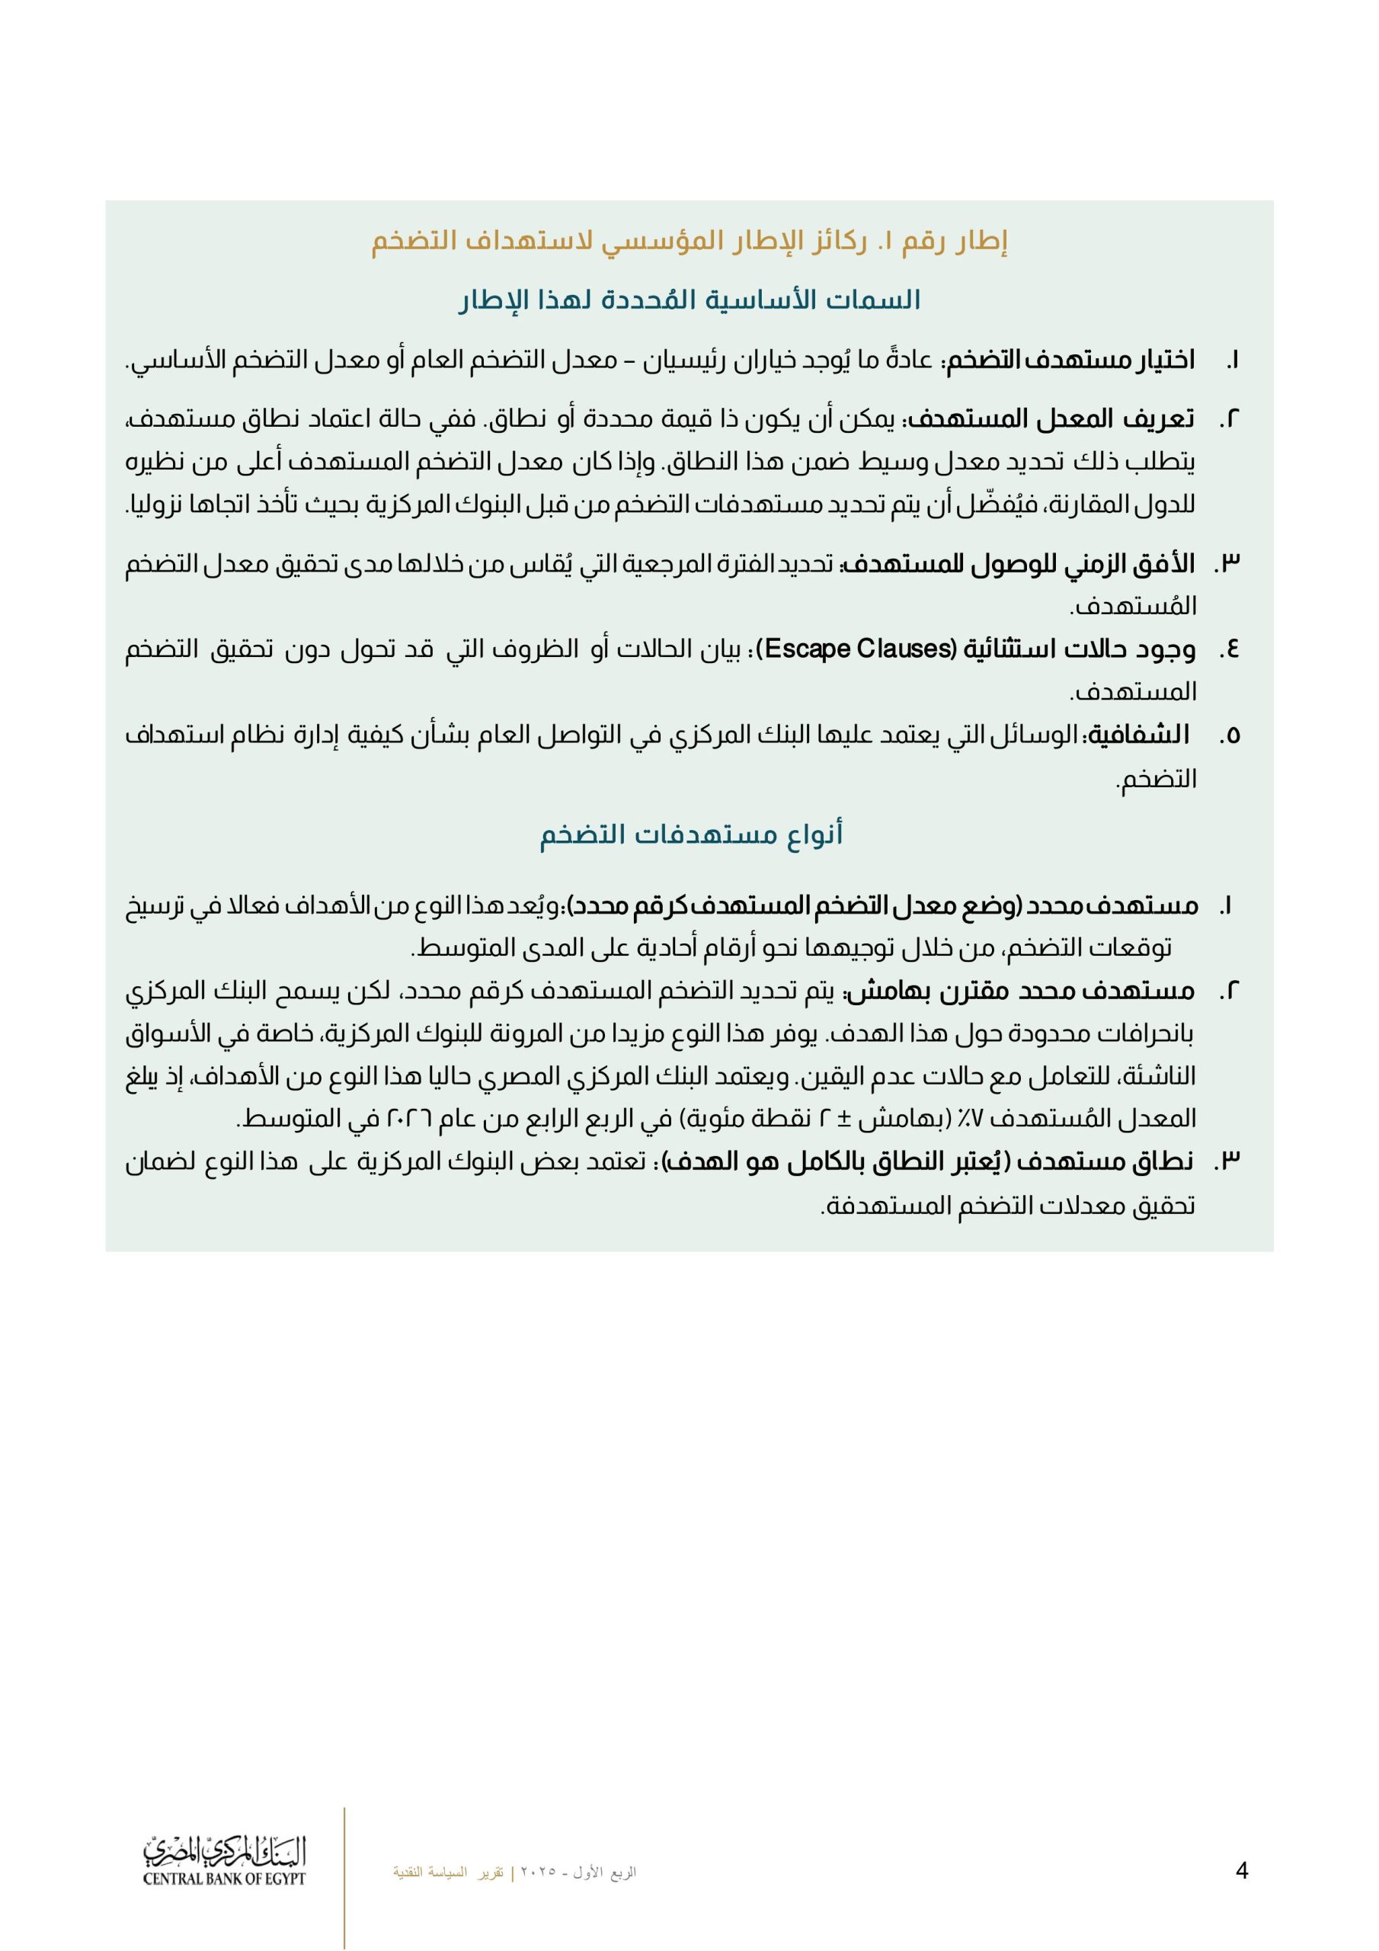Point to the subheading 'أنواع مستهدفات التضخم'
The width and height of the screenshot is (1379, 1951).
point(691,835)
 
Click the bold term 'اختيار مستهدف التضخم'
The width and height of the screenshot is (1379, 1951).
point(1072,360)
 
